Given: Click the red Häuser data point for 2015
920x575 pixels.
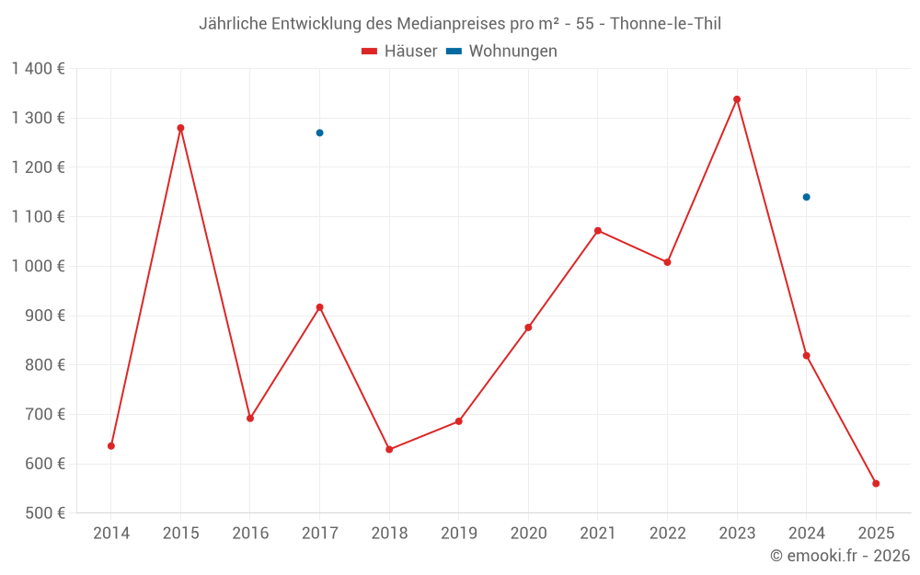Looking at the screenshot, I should point(180,128).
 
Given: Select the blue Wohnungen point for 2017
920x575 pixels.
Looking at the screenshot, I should point(319,132).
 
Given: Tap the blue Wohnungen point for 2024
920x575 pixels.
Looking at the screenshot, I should point(806,197).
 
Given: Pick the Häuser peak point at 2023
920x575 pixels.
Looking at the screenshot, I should point(737,99).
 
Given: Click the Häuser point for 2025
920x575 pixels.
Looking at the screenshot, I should point(876,483).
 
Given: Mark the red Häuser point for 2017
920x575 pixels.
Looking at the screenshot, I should point(319,307).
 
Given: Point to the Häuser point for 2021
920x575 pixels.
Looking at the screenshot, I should point(598,231).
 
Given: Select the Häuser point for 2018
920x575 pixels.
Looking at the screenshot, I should point(389,449).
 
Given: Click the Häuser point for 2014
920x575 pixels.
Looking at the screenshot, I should point(111,445).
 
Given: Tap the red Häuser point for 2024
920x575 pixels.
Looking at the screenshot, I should point(806,355).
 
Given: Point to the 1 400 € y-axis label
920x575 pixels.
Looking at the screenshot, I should point(39,68).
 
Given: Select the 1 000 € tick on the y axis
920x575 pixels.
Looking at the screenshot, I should point(39,266).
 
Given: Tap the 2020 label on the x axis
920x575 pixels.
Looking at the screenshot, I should point(528,533).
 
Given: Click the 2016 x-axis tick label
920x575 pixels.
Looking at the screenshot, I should point(250,533).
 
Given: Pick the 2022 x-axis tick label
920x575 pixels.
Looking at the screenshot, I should point(667,533).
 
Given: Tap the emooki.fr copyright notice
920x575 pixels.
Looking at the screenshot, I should point(839,556).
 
